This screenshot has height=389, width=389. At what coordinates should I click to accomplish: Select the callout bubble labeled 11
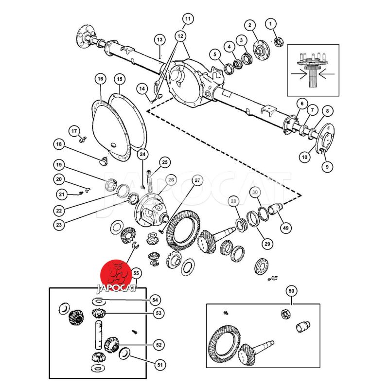tap(188, 19)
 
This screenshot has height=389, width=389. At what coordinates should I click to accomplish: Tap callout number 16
tap(100, 79)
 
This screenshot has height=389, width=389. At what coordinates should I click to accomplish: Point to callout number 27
tap(197, 180)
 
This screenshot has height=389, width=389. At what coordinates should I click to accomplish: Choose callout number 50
tap(291, 291)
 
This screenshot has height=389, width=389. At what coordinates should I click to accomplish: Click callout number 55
tap(136, 274)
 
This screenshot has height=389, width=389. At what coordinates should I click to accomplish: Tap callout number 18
tap(59, 144)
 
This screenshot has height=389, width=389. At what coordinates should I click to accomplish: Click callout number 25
tap(164, 162)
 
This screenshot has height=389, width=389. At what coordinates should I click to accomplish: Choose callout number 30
tap(255, 192)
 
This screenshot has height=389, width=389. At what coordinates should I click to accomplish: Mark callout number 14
tap(141, 88)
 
